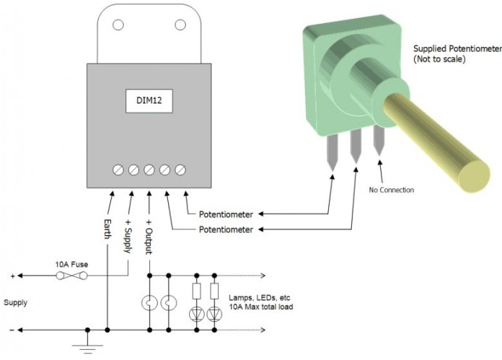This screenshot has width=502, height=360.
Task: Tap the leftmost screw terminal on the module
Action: point(119,170)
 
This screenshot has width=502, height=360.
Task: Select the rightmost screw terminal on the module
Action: point(180,170)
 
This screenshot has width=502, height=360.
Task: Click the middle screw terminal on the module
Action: point(149,170)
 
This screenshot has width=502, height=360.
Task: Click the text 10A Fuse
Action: point(71,264)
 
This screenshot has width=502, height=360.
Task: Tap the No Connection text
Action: point(392,190)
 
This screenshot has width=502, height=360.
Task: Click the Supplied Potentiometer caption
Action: point(456,53)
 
